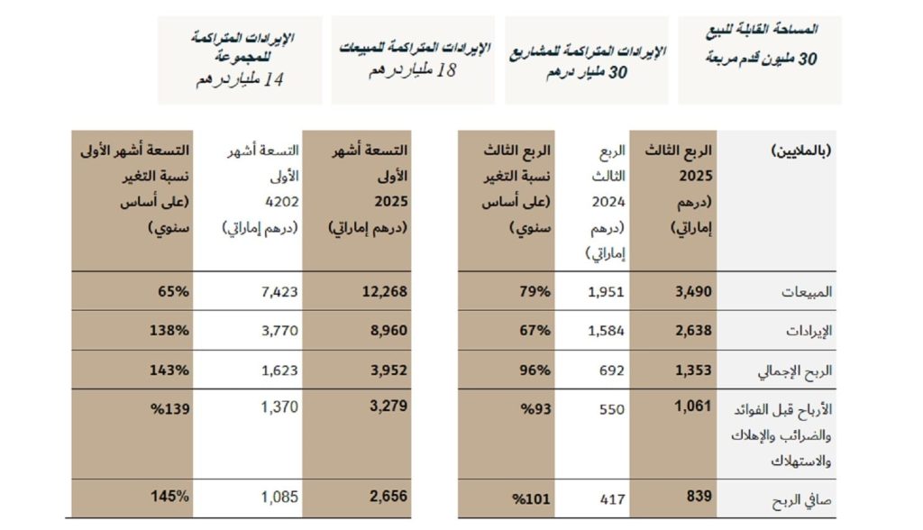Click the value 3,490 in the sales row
(x=693, y=292)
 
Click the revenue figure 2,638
(x=693, y=331)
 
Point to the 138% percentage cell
(x=170, y=331)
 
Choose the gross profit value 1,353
(x=693, y=370)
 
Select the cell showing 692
(x=611, y=370)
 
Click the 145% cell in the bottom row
(x=170, y=496)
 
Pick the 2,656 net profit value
(x=388, y=496)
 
